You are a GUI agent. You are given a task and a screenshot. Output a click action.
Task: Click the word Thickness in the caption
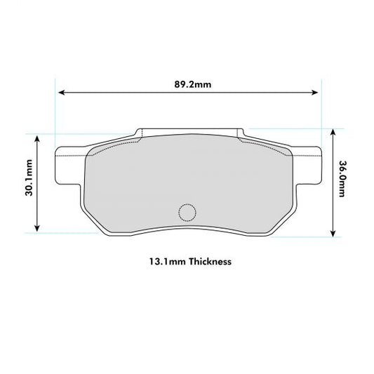point(208,261)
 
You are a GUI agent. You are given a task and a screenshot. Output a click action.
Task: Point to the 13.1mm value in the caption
point(163,261)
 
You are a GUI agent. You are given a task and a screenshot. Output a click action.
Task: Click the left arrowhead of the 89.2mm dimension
point(61,92)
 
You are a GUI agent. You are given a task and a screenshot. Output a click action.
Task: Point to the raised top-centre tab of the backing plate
point(189,133)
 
